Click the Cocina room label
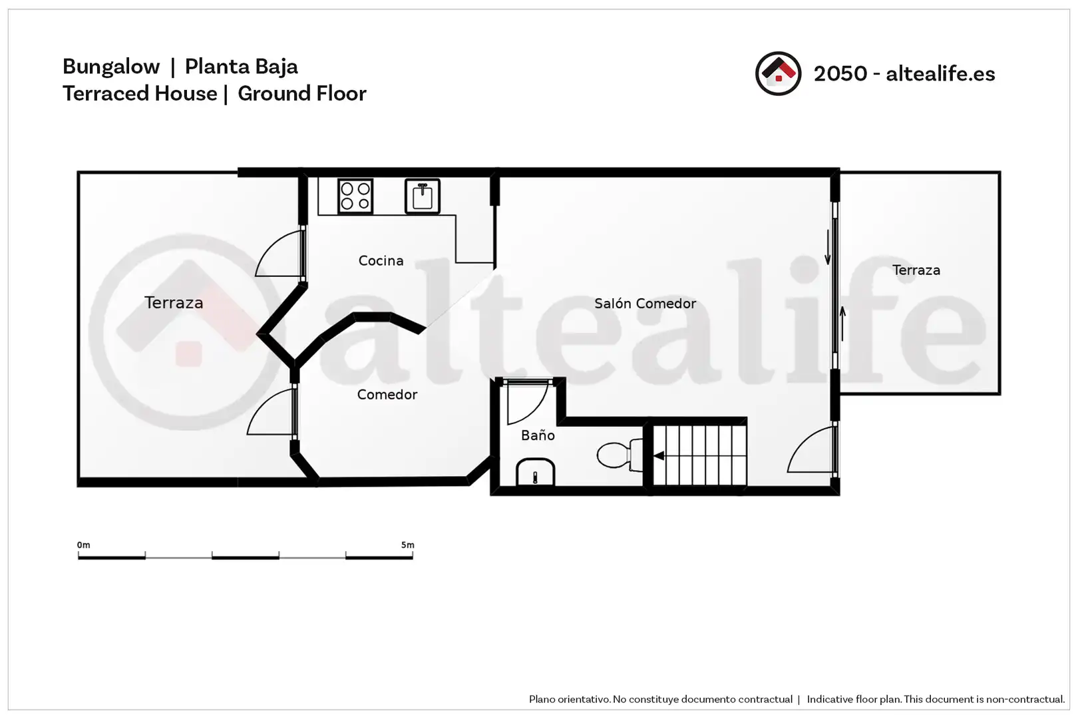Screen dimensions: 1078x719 pos(381,260)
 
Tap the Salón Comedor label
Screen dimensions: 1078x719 pos(645,304)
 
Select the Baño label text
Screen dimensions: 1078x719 pos(538,435)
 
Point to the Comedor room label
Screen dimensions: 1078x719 pos(387,394)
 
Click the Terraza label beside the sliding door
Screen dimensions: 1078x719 pos(916,270)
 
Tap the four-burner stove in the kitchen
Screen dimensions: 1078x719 pos(355,196)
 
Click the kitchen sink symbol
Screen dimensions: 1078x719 pos(423,196)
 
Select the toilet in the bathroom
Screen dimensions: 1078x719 pos(620,454)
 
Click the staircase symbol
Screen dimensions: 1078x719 pos(699,455)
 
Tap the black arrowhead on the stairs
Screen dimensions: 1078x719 pos(658,455)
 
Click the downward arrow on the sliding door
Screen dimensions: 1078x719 pos(828,248)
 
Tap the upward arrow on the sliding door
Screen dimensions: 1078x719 pos(842,324)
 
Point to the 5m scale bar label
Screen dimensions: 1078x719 pos(408,545)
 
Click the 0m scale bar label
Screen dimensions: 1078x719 pos(83,545)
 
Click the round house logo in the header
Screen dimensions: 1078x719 pos(778,74)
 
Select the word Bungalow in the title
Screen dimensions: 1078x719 pos(111,67)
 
